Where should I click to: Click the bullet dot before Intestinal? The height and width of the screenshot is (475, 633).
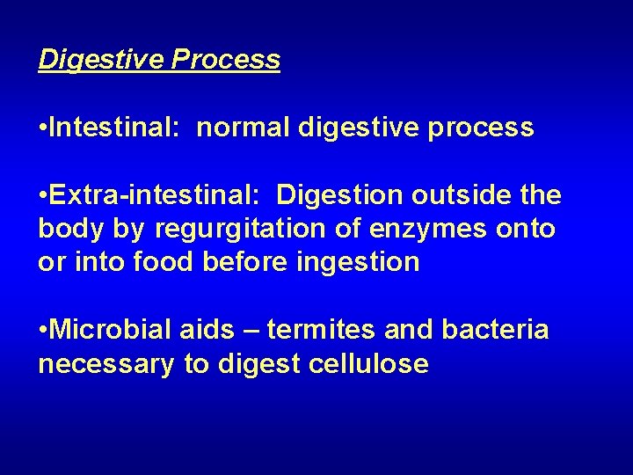(x=43, y=128)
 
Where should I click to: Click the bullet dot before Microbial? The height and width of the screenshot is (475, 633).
(x=43, y=331)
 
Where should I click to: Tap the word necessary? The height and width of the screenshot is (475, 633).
(x=106, y=364)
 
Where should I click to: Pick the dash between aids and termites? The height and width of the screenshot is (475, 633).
(x=251, y=331)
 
